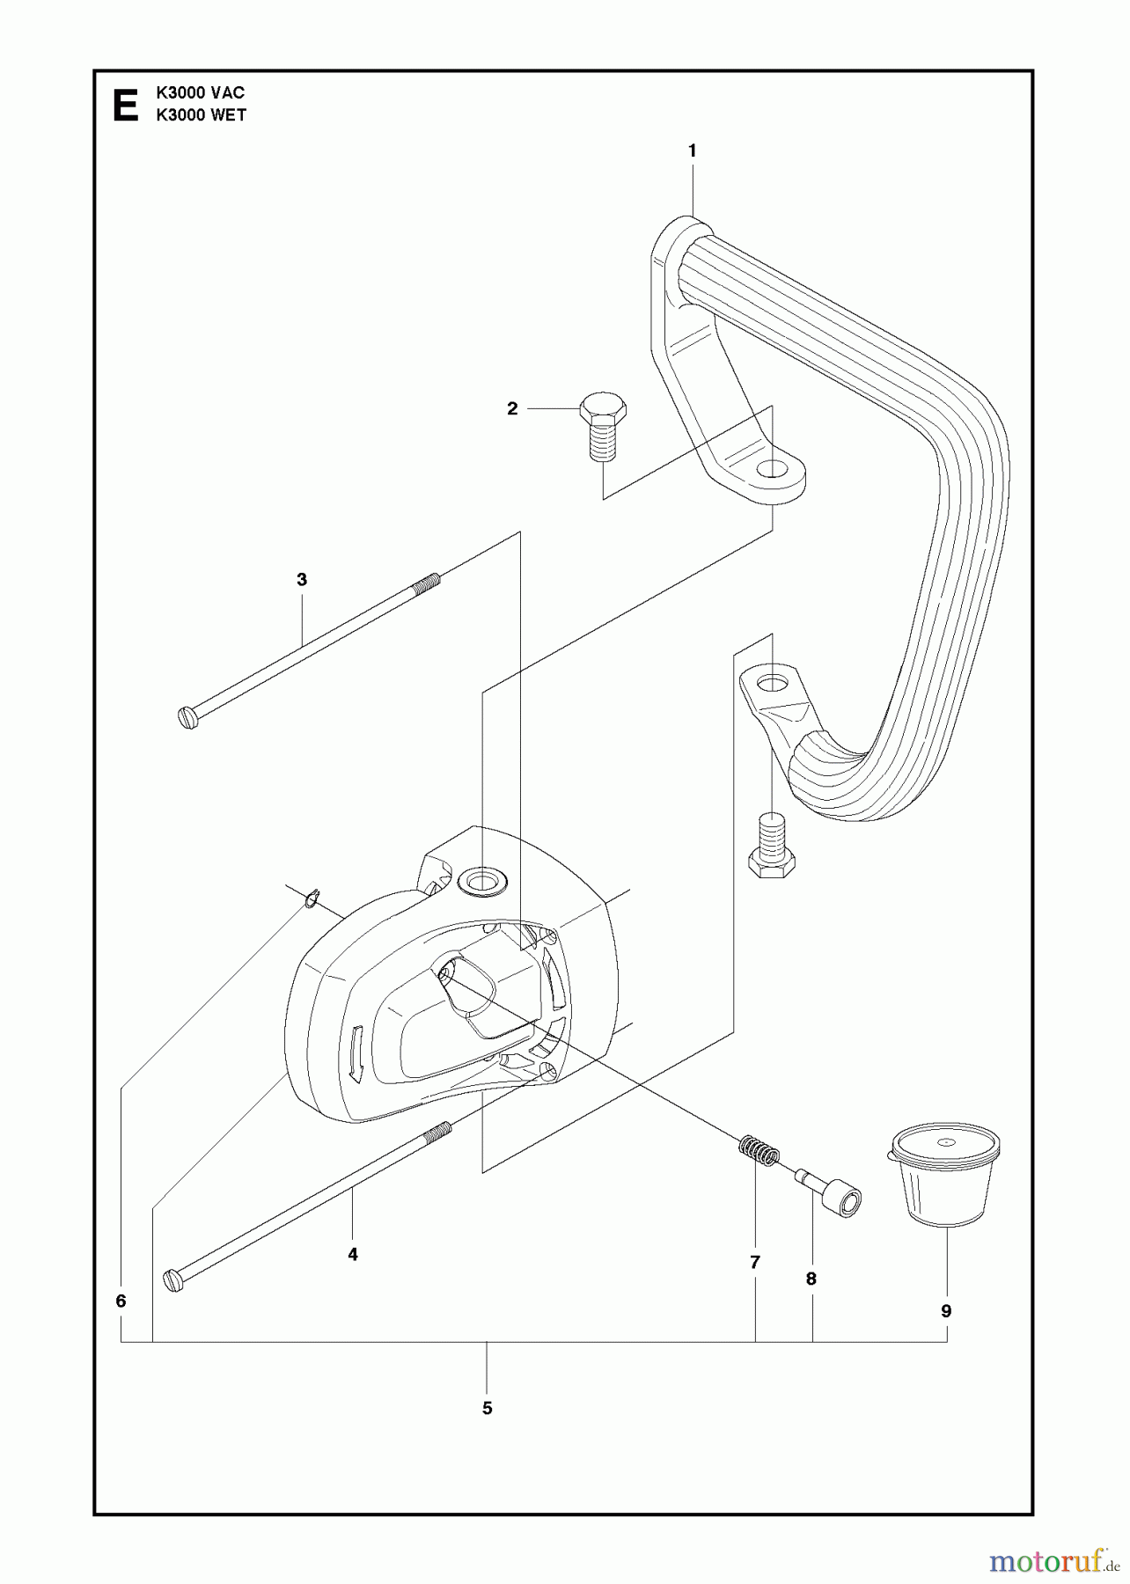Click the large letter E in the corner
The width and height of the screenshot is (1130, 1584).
(x=126, y=105)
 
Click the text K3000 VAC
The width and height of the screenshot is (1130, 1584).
(x=200, y=92)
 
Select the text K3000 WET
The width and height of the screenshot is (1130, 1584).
(x=201, y=115)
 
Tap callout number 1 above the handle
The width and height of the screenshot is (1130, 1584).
(x=692, y=151)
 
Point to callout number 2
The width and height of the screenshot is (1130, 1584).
(x=512, y=409)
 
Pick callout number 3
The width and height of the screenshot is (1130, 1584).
(x=302, y=580)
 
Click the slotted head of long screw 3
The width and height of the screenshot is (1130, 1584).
(x=188, y=718)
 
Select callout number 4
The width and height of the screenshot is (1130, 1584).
(x=353, y=1255)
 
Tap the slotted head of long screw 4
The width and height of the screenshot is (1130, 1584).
(x=174, y=1280)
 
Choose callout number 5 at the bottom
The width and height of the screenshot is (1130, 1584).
(x=487, y=1408)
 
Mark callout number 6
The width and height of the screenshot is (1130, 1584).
(x=121, y=1301)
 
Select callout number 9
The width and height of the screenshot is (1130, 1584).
(x=947, y=1311)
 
